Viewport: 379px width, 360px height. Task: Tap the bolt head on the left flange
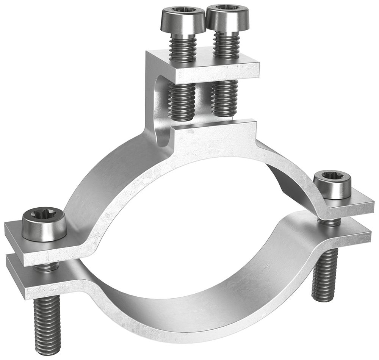(44, 226)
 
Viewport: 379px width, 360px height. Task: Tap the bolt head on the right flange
(332, 185)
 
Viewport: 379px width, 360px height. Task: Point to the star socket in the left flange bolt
(44, 218)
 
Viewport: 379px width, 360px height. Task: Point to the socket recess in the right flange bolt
(331, 176)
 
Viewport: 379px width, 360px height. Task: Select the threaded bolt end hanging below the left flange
(47, 324)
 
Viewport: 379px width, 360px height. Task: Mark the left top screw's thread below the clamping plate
(182, 100)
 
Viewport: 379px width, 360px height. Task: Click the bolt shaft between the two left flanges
(45, 266)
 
